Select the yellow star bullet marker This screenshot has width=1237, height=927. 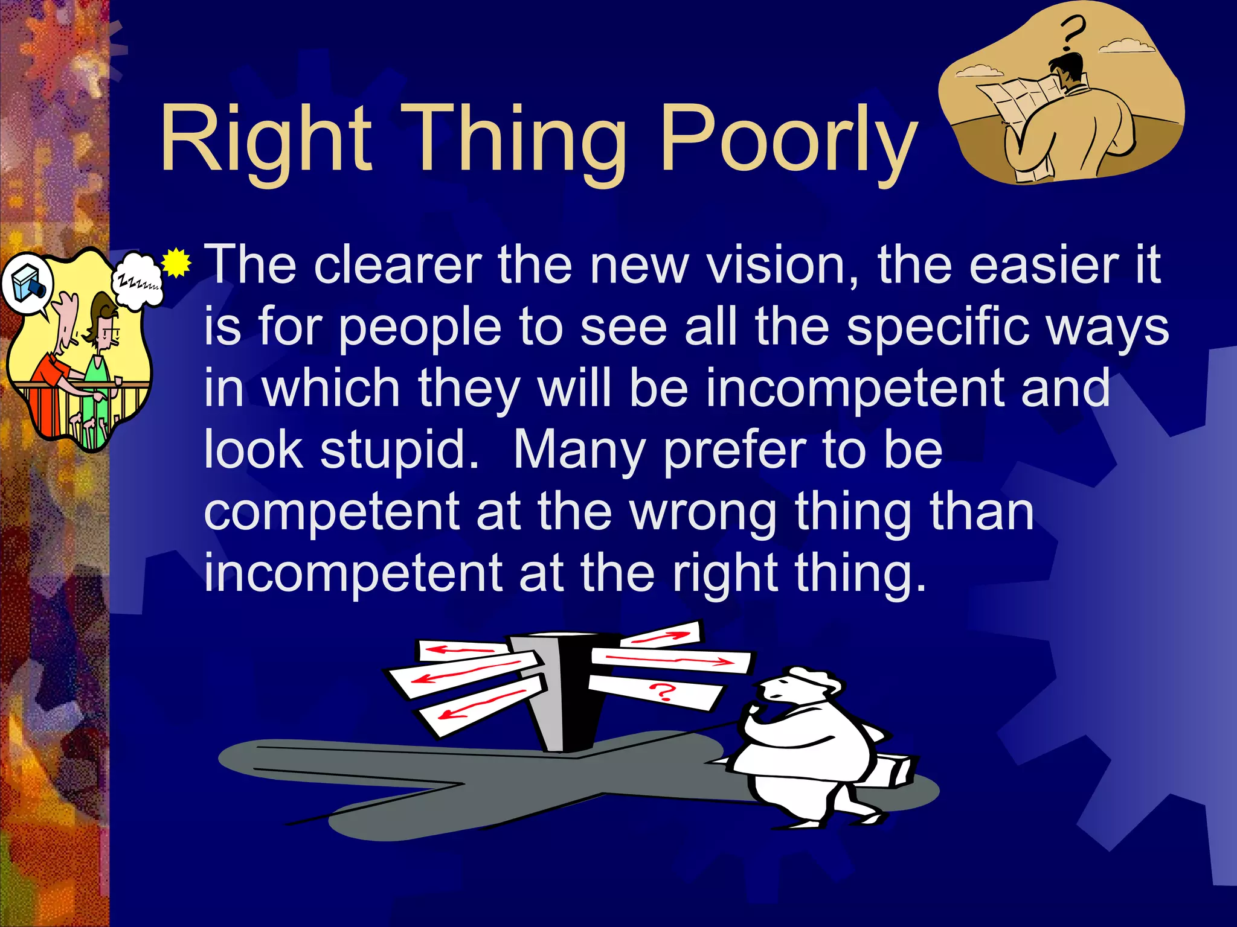[176, 263]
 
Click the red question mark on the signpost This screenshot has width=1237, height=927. [662, 691]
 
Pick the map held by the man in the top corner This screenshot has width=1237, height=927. [1015, 100]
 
